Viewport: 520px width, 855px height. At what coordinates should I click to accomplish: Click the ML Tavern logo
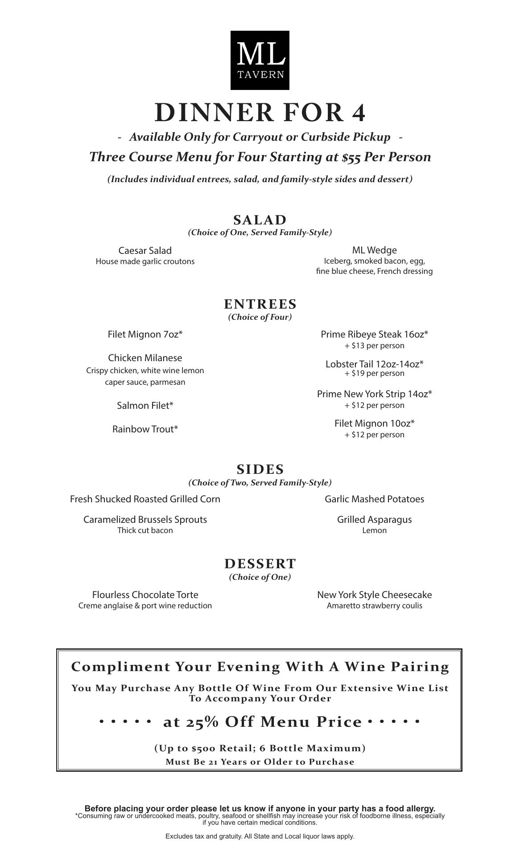(x=260, y=60)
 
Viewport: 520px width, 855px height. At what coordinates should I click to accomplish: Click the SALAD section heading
(x=260, y=220)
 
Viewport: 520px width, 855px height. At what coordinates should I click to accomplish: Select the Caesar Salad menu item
(x=145, y=250)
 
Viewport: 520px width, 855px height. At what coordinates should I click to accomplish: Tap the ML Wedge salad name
(x=374, y=250)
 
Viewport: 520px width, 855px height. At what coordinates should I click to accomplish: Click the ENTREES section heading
(x=260, y=304)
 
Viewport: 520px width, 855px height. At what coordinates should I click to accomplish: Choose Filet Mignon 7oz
(x=145, y=334)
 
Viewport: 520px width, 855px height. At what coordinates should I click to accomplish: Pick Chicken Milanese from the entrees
(x=145, y=358)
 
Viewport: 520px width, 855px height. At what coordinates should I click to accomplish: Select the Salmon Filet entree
(x=145, y=406)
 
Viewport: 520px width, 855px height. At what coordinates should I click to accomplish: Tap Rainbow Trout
(x=145, y=429)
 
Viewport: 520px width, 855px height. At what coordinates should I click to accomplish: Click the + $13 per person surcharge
(x=374, y=346)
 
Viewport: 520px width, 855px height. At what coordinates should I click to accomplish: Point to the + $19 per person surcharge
(x=374, y=374)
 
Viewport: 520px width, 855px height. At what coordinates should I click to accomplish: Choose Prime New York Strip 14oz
(x=374, y=394)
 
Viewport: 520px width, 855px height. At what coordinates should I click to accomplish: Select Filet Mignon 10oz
(x=374, y=423)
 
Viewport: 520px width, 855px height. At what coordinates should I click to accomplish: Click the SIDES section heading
(x=260, y=469)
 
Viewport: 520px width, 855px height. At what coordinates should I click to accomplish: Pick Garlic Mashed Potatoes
(x=374, y=499)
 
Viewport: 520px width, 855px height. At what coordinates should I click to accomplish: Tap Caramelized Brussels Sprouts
(x=145, y=520)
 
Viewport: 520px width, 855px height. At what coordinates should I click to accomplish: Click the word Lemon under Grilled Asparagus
(x=374, y=530)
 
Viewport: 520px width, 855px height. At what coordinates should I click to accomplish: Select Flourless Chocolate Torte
(x=145, y=595)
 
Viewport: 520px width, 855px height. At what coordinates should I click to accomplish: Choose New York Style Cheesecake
(x=374, y=595)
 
